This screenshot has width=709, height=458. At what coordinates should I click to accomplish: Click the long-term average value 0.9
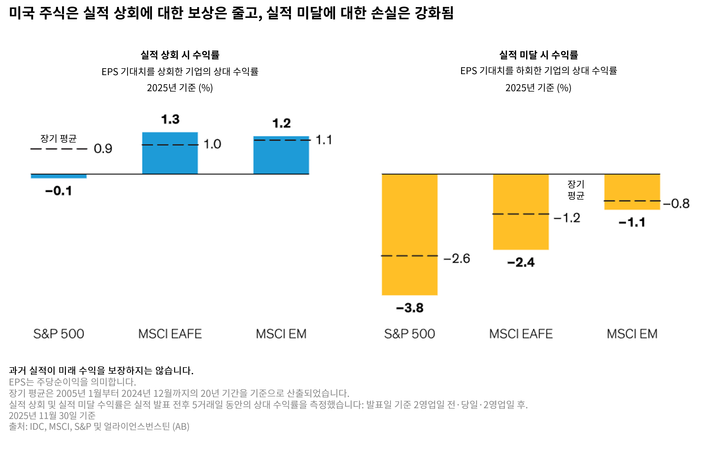(x=103, y=149)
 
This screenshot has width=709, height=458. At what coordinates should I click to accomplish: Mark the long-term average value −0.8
(x=676, y=204)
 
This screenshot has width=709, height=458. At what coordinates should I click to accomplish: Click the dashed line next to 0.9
(x=59, y=149)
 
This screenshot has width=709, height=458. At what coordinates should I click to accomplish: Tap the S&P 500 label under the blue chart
(x=59, y=334)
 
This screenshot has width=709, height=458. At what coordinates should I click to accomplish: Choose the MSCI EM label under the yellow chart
(x=632, y=334)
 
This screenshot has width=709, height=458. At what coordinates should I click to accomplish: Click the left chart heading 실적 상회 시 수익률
(x=180, y=55)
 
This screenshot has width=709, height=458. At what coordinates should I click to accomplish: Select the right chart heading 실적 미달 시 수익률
(x=538, y=55)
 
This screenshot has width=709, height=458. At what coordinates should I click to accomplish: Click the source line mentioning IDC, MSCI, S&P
(x=99, y=426)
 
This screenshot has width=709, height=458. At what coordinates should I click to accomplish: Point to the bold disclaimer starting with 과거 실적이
(x=101, y=371)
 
